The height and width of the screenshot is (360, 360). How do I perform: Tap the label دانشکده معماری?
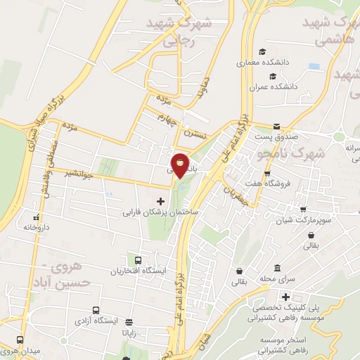283,63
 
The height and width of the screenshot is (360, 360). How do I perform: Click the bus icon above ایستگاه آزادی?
96,310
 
